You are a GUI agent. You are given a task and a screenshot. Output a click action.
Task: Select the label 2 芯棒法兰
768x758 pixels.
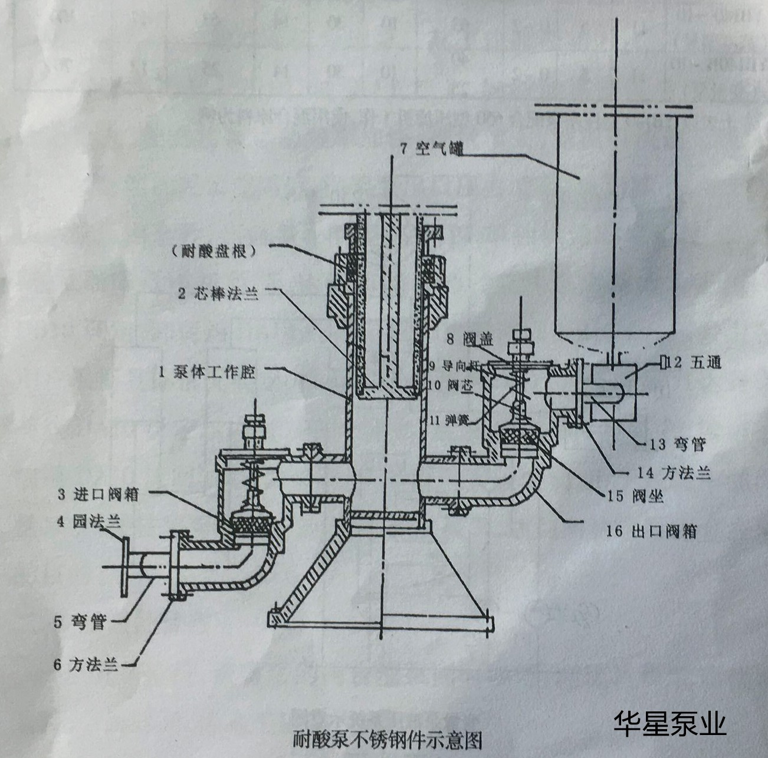[218, 294]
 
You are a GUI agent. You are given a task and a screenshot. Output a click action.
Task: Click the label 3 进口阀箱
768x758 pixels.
[98, 494]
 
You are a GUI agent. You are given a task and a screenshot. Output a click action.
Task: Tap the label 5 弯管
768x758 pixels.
[79, 622]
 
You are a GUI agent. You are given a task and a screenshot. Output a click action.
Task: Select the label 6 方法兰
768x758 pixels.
[86, 664]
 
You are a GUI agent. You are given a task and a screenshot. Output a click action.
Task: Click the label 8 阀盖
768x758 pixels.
[471, 340]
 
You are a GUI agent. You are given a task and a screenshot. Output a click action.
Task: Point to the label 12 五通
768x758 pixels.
[697, 362]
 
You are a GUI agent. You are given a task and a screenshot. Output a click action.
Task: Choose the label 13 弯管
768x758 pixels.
[677, 444]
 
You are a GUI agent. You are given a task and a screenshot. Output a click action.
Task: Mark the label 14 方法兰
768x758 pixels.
[673, 472]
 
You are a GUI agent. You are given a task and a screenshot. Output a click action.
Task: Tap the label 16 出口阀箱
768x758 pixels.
[651, 531]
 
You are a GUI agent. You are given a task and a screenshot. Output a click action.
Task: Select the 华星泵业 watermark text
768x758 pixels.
[670, 723]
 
